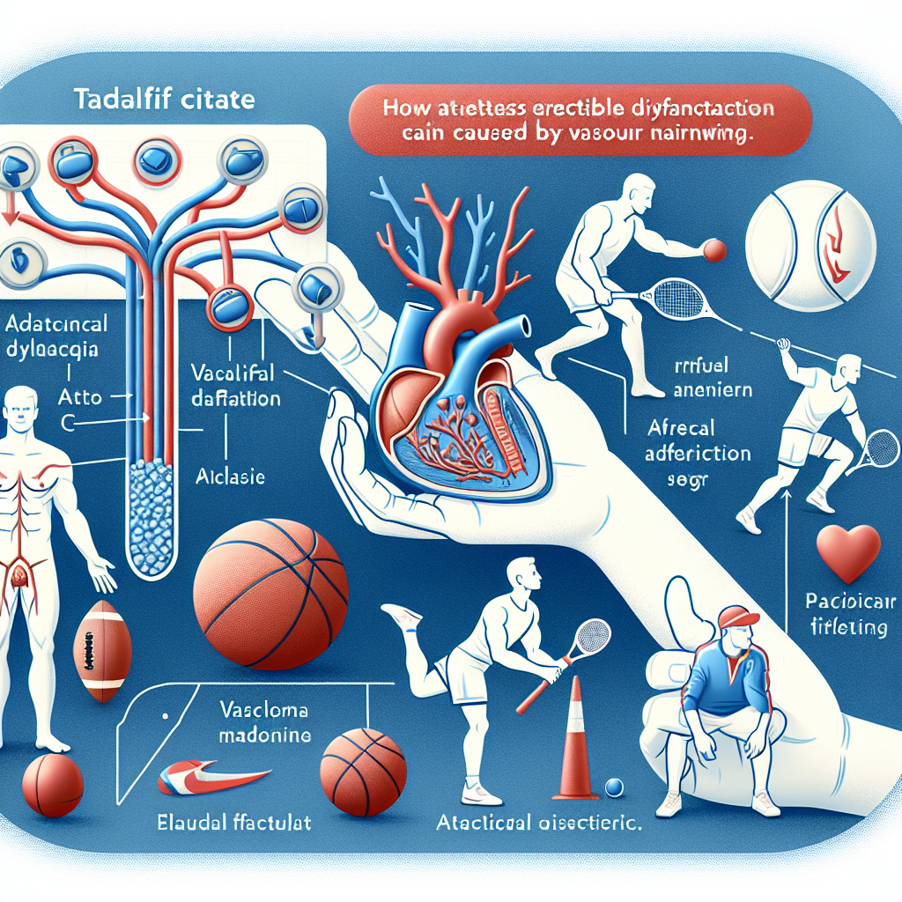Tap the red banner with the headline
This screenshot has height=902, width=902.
(x=579, y=123)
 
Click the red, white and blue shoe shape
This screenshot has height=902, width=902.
(x=211, y=774)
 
